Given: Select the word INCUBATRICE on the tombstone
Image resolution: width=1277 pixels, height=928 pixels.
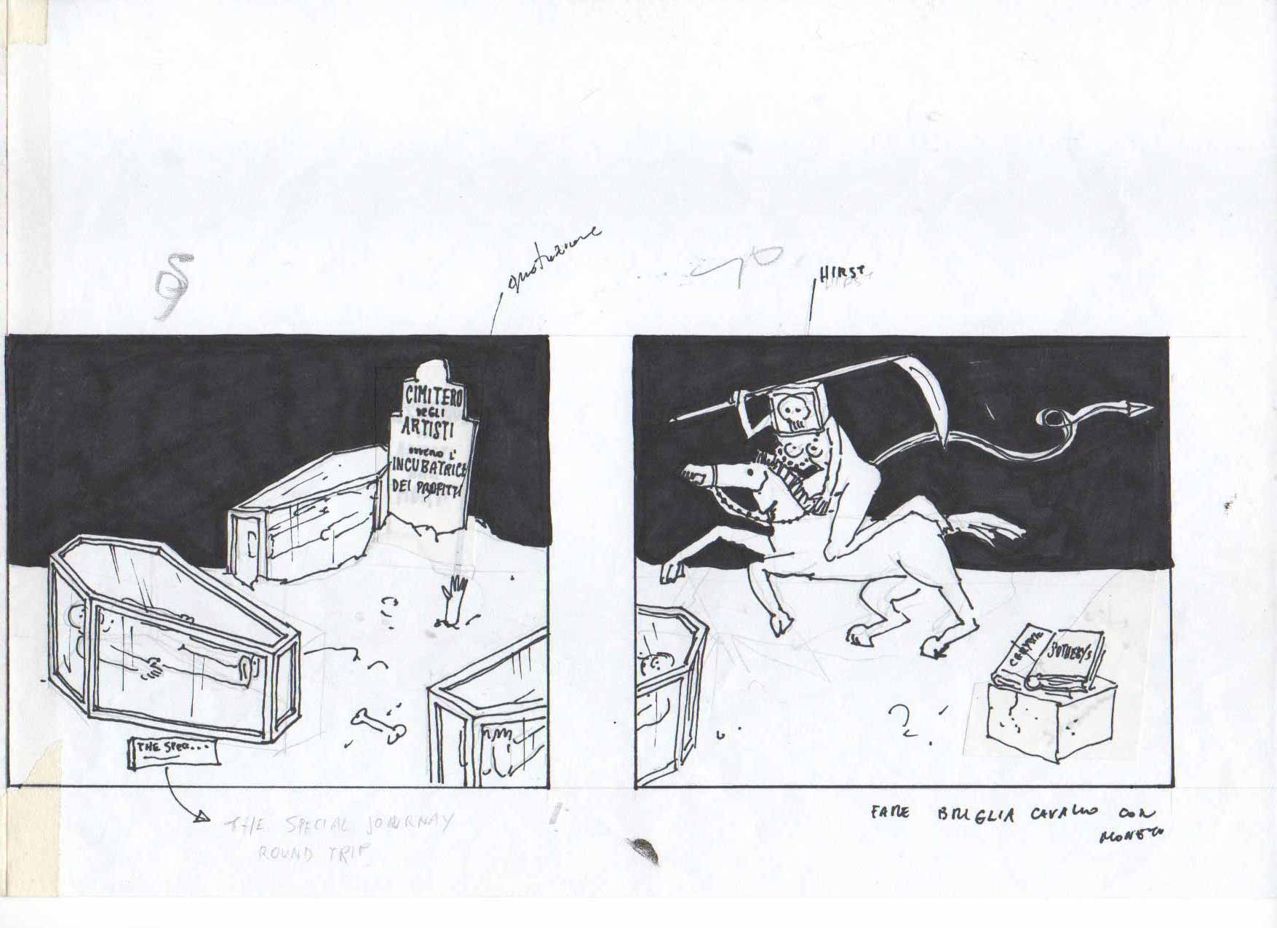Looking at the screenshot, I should coord(429,466).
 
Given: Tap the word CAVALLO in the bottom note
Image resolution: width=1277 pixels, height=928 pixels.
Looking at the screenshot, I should coord(1068,813).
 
